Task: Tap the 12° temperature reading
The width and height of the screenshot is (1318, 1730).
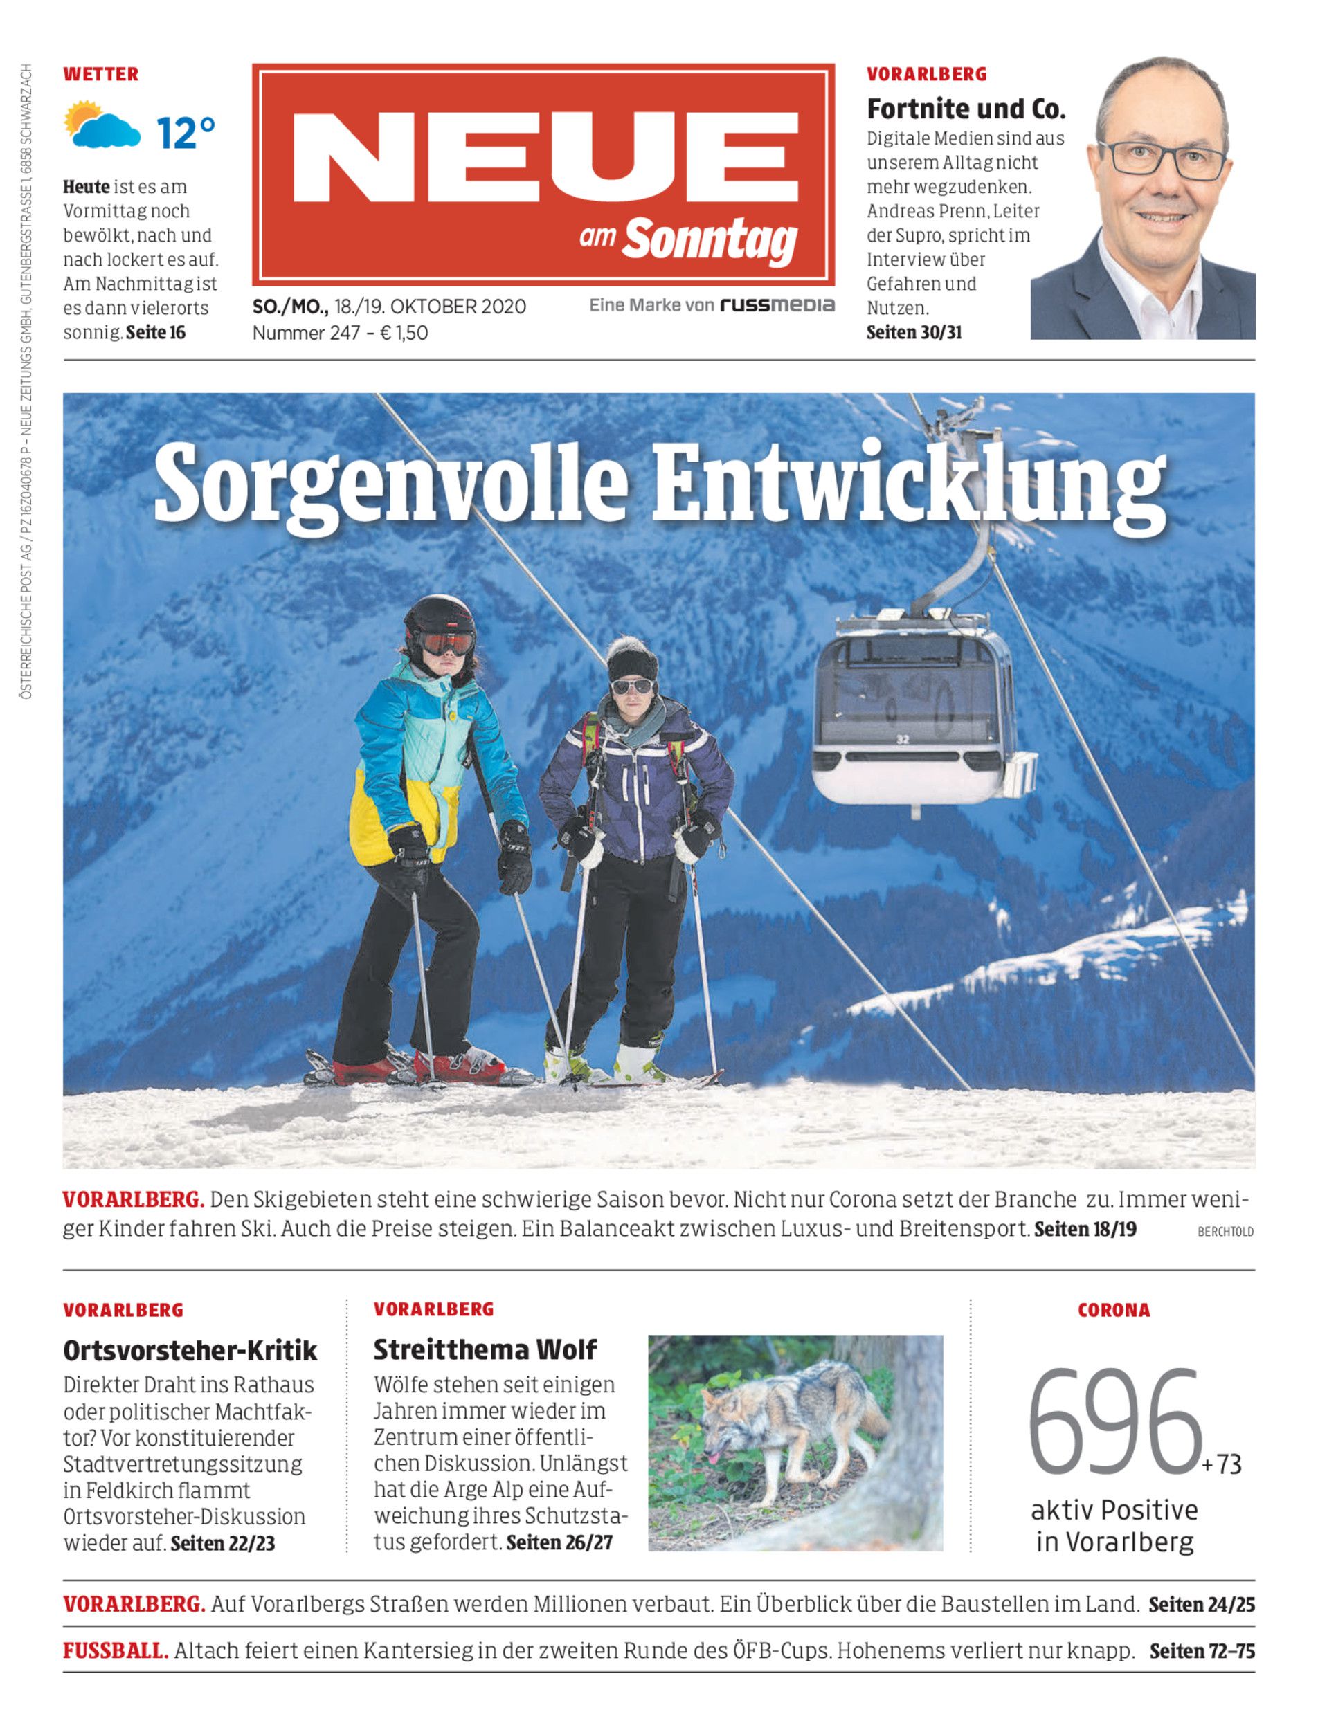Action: [x=185, y=134]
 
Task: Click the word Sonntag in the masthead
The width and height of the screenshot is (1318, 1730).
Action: [x=710, y=240]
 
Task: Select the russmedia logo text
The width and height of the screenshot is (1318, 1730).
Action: [x=777, y=305]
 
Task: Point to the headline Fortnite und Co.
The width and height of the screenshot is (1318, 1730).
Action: [x=966, y=109]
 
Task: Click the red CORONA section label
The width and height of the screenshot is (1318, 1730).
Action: [x=1113, y=1311]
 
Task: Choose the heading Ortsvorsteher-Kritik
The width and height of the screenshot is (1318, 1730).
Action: [x=190, y=1350]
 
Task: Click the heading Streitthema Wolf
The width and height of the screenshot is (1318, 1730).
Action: [x=485, y=1349]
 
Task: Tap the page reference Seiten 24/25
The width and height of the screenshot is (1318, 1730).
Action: [x=1201, y=1605]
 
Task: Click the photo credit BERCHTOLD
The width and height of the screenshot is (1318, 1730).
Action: [x=1225, y=1232]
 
